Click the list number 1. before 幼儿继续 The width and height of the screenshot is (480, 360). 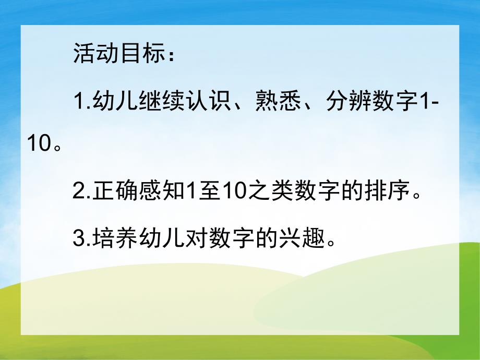pyautogui.click(x=82, y=101)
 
